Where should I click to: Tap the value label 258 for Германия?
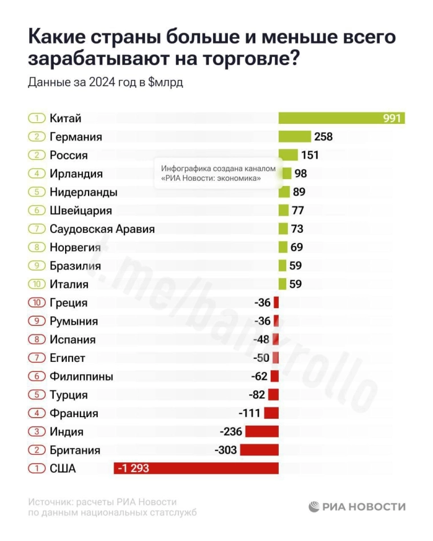pyautogui.click(x=323, y=136)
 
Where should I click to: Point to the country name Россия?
pyautogui.click(x=69, y=155)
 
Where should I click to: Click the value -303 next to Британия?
pyautogui.click(x=226, y=450)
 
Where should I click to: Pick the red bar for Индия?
pyautogui.click(x=262, y=431)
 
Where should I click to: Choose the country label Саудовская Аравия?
pyautogui.click(x=102, y=229)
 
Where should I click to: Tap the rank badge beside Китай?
pyautogui.click(x=36, y=119)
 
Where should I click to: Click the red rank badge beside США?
pyautogui.click(x=36, y=469)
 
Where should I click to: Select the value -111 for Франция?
pyautogui.click(x=249, y=413)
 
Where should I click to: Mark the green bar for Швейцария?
pyautogui.click(x=283, y=210)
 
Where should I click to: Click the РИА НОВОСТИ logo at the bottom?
pyautogui.click(x=357, y=507)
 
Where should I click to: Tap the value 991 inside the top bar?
pyautogui.click(x=392, y=119)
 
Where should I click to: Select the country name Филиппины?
pyautogui.click(x=81, y=376)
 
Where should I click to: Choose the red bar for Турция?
pyautogui.click(x=273, y=394)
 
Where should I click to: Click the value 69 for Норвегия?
pyautogui.click(x=296, y=247)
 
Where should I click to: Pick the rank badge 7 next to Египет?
pyautogui.click(x=36, y=358)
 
